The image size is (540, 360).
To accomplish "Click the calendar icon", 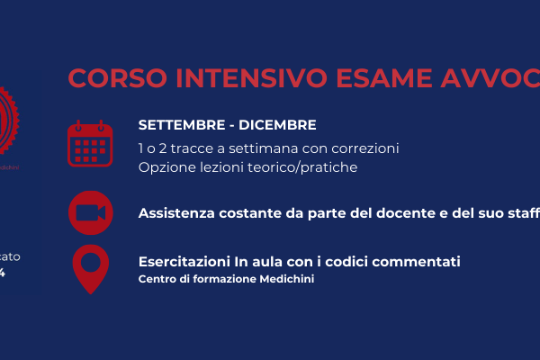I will coord(90,144).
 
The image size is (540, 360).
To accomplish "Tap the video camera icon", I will coord(90,212).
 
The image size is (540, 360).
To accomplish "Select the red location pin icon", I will coord(90,268).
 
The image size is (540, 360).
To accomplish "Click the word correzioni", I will coord(365,147).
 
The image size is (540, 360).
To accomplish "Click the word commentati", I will coord(418,262).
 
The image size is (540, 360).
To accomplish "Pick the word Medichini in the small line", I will coord(289,279).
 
